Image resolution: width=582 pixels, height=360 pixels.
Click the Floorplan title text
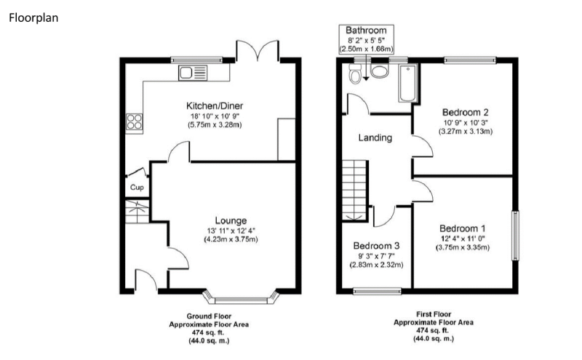coord(33,17)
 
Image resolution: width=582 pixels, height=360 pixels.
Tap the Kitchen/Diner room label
coord(215,105)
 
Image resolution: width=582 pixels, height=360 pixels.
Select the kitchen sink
coord(193,73)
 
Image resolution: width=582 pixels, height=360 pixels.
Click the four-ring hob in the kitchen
coord(134,122)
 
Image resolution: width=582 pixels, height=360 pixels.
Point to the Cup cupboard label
coord(137,188)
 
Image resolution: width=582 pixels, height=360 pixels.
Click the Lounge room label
coord(231,221)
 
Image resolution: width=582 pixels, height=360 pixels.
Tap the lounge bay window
coord(242,297)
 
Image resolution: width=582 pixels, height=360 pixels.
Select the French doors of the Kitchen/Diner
coord(257,50)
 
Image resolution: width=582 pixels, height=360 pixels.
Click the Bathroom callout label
coord(366,30)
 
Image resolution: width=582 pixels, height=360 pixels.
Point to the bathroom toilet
coord(355,73)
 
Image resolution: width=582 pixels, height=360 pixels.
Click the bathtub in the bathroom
coord(407,83)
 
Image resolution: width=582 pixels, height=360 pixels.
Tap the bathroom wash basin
coord(379,71)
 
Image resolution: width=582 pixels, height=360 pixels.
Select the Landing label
coord(375,138)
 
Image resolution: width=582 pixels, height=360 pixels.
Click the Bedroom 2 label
coord(465,112)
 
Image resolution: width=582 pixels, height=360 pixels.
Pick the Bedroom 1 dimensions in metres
coord(463,247)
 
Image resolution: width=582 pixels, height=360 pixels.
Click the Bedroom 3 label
coord(376,246)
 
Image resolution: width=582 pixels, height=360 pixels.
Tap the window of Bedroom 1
coord(515,236)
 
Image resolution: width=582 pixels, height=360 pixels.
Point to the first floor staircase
coord(355,191)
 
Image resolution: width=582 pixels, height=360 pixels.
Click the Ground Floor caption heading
coord(209,316)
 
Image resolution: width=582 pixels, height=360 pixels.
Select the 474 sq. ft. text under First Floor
coord(433,330)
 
